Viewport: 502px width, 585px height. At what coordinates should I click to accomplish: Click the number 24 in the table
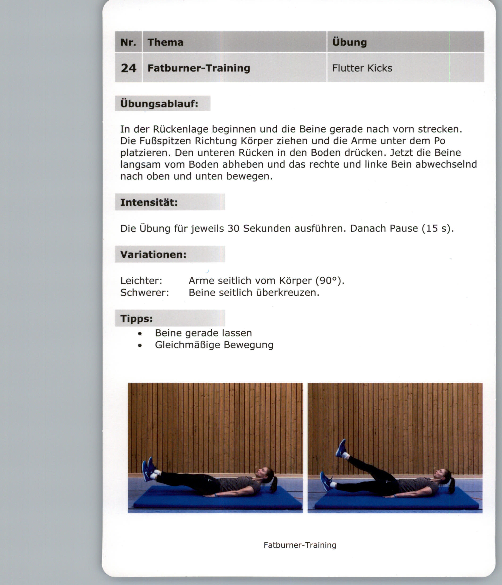coord(129,68)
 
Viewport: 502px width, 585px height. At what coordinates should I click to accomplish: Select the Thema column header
coord(165,42)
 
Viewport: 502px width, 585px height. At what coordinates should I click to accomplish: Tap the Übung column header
coord(349,42)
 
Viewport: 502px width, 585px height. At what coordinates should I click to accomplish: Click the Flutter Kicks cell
coord(362,68)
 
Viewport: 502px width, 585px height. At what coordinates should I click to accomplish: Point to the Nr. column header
coord(128,42)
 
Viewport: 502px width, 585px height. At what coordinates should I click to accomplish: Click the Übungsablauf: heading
coord(159,104)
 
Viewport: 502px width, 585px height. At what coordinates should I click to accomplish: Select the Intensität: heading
coord(149,202)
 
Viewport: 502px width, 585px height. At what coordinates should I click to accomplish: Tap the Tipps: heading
coord(136,318)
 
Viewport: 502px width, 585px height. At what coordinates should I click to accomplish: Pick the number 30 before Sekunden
coord(234,228)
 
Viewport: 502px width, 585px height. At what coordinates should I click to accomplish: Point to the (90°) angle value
coord(330,280)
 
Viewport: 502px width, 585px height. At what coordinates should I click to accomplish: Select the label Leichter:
coord(141,280)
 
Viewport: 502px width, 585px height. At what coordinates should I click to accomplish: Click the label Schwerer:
coord(145,292)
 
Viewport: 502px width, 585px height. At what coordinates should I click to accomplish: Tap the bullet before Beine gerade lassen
coord(140,334)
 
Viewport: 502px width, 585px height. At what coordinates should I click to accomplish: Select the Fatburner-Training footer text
coord(300,545)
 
